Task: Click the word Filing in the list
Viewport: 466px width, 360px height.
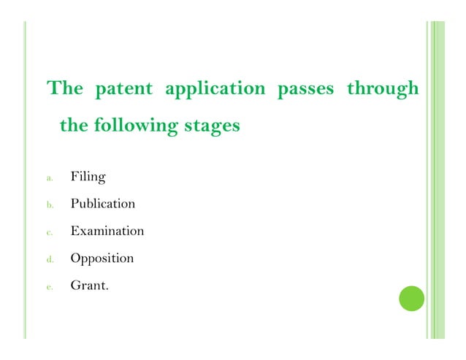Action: [88, 177]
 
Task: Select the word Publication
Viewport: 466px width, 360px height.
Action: [102, 204]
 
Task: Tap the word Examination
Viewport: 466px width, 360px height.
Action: [107, 231]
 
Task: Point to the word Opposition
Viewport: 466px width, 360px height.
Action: [102, 258]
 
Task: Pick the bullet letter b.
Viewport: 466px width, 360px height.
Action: [49, 205]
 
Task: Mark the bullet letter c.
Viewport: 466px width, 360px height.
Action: [49, 232]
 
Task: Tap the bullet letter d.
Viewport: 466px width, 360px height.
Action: [49, 259]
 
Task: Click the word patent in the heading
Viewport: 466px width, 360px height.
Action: [123, 89]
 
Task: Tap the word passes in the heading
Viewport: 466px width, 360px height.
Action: [305, 90]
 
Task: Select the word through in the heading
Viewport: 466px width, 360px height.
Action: [383, 90]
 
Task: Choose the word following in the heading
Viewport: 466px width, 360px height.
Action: [136, 126]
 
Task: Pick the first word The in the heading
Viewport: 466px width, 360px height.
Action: [65, 89]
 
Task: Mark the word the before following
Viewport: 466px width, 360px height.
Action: [73, 126]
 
